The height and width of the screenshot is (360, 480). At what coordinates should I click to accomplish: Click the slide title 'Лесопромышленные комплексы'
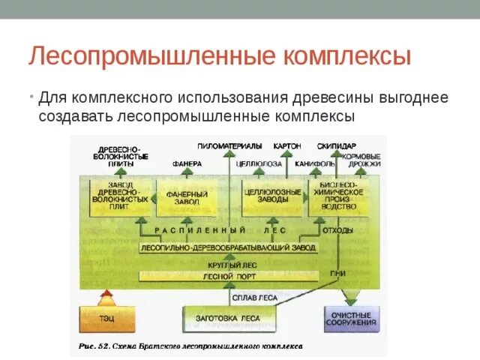(x=220, y=57)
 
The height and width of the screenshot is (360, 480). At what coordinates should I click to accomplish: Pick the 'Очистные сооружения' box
(x=351, y=319)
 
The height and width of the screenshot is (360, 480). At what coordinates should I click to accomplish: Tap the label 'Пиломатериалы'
(x=230, y=145)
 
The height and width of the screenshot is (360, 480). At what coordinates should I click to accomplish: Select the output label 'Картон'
(x=287, y=145)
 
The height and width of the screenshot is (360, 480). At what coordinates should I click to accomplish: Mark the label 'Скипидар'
(x=336, y=145)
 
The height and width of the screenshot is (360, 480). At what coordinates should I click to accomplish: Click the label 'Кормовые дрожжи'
(x=361, y=160)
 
